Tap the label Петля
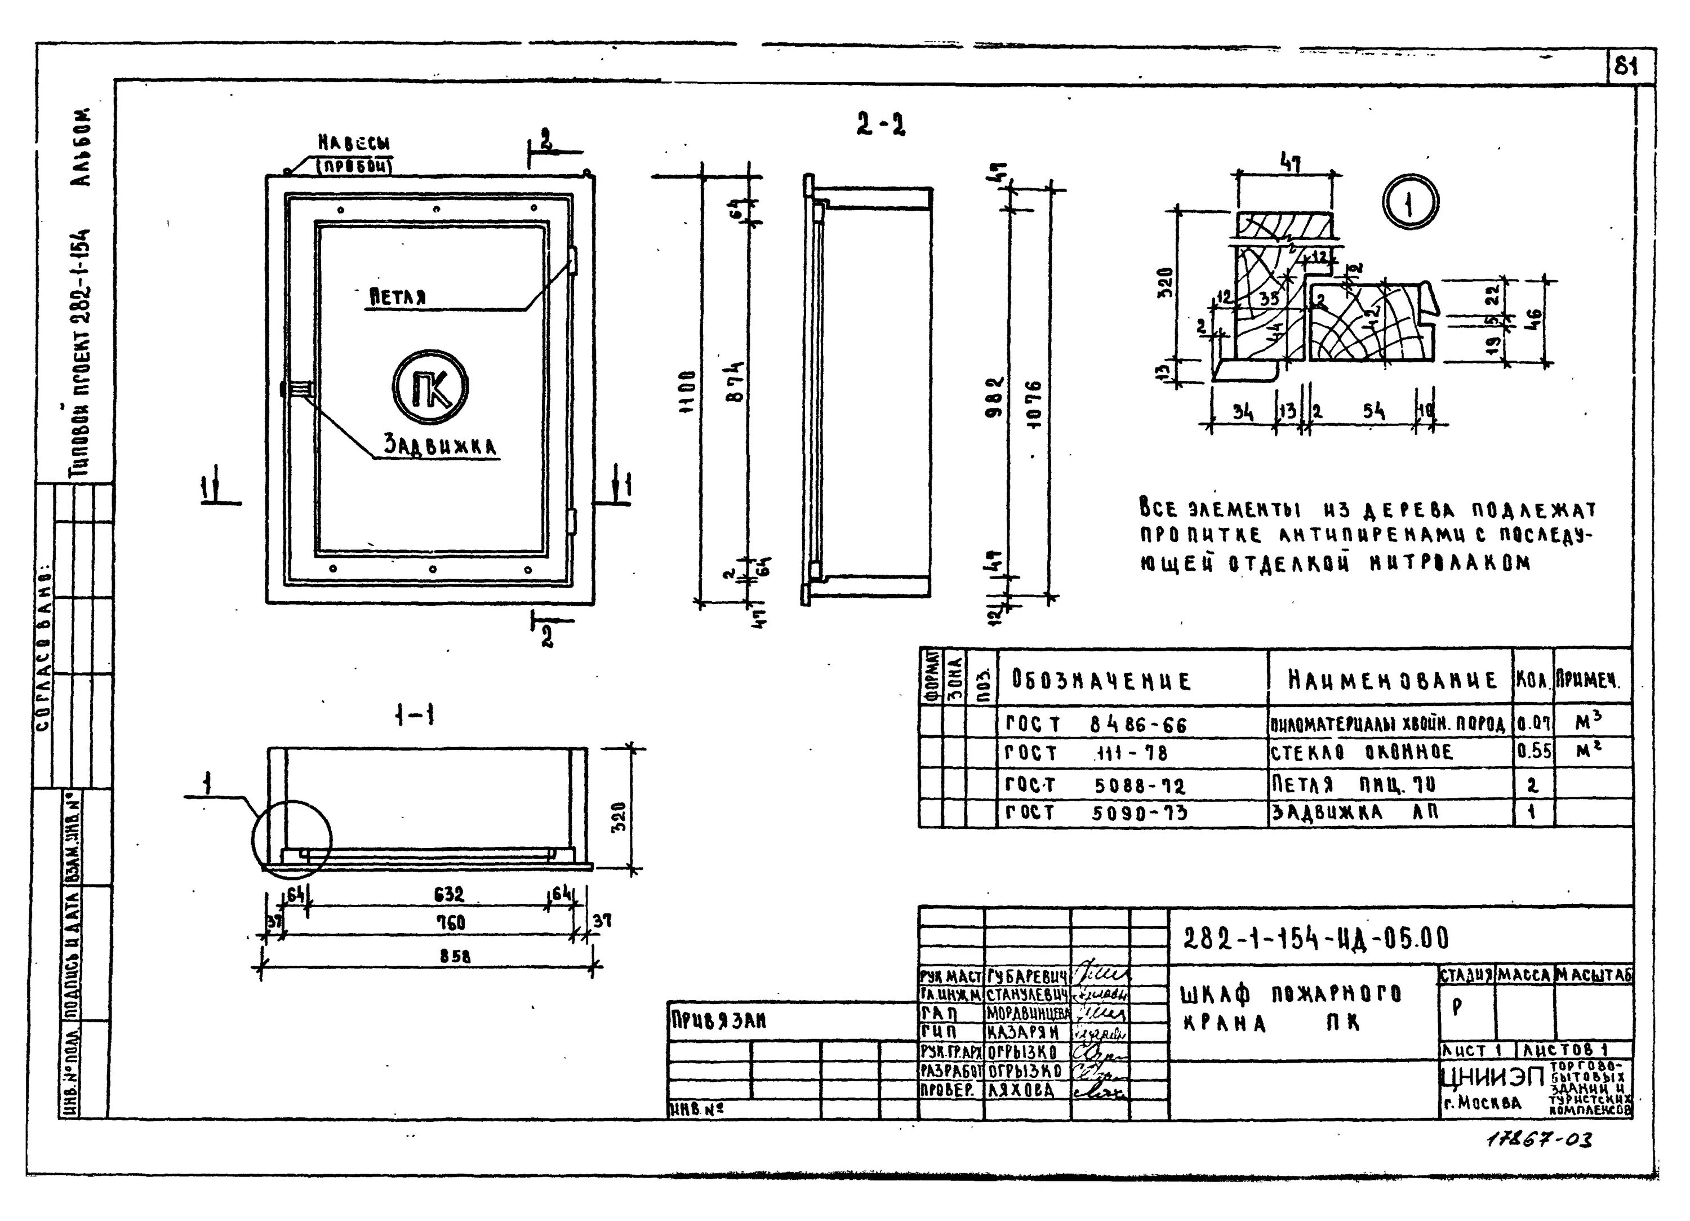[x=399, y=298]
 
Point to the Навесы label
[x=355, y=143]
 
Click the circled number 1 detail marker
[x=1410, y=203]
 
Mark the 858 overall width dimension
[x=455, y=956]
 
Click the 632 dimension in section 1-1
[x=448, y=894]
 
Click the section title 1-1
[x=415, y=716]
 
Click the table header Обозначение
[x=1101, y=681]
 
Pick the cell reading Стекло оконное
[x=1362, y=752]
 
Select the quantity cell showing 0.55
[x=1533, y=752]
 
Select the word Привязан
[x=709, y=1020]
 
